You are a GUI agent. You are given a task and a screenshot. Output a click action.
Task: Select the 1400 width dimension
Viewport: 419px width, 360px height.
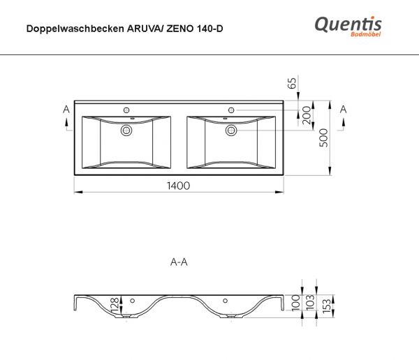click(x=179, y=186)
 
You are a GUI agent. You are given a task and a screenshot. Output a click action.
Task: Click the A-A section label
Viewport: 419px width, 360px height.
click(x=179, y=262)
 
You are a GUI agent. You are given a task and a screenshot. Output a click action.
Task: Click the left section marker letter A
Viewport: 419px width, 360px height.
click(x=66, y=110)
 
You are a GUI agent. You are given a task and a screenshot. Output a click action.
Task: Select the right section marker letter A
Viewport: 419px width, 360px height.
click(x=343, y=110)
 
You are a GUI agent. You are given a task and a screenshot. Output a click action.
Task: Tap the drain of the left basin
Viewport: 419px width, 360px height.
click(x=126, y=130)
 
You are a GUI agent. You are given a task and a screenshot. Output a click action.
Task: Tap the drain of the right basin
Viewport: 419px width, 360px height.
click(x=231, y=130)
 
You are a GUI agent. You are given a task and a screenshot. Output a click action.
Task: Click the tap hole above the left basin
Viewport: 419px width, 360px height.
click(x=126, y=110)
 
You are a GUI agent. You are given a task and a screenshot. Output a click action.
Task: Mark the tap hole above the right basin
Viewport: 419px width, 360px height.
click(x=231, y=110)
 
